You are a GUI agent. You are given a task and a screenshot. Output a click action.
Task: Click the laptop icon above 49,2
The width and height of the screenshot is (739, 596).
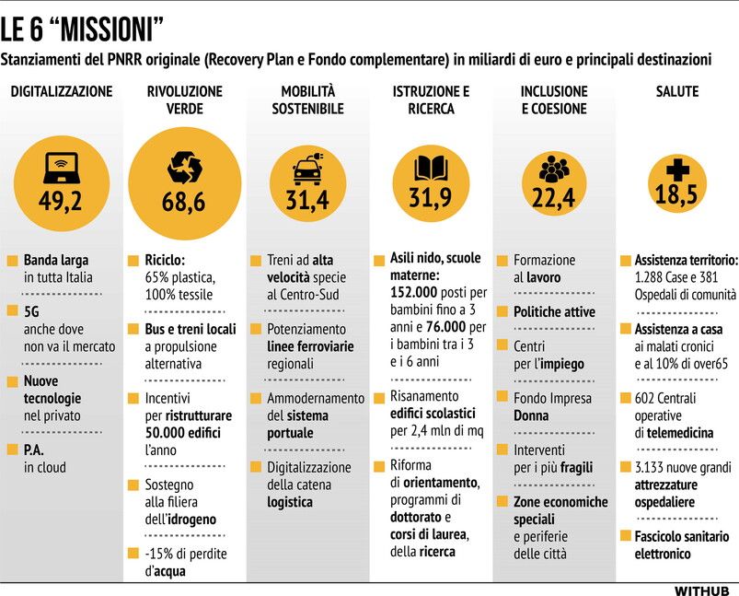click(x=61, y=167)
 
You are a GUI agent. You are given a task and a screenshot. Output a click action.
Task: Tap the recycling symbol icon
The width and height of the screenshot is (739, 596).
click(x=183, y=168)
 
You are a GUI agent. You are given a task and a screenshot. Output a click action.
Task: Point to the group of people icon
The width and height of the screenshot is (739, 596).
click(x=553, y=169)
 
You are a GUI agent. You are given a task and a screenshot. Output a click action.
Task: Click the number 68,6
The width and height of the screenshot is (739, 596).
click(x=183, y=203)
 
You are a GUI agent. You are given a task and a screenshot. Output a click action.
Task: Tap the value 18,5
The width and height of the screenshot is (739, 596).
click(x=675, y=194)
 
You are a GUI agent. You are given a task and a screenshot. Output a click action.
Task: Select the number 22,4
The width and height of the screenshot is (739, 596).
click(x=553, y=197)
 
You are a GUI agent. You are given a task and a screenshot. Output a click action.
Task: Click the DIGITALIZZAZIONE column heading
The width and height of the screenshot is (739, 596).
click(x=62, y=91)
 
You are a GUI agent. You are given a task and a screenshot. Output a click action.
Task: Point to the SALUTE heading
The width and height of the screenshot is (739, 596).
click(x=676, y=91)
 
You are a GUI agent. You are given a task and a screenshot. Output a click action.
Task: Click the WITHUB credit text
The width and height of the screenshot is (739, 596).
click(x=701, y=589)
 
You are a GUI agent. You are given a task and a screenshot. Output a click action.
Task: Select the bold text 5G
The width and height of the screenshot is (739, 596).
click(x=33, y=311)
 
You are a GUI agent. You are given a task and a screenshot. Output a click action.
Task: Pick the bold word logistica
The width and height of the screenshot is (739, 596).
click(x=290, y=501)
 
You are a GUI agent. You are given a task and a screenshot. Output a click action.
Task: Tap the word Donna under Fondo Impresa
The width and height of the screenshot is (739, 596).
click(x=531, y=415)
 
